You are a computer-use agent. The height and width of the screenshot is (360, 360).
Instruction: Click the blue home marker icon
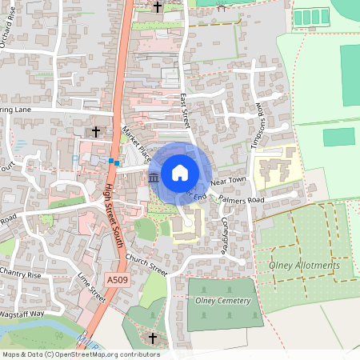coord(180,172)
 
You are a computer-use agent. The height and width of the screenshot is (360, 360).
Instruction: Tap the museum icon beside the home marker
coord(154,177)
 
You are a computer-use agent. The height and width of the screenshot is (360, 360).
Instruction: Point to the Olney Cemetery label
coord(223,301)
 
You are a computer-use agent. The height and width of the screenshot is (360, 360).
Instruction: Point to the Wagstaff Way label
coord(24,314)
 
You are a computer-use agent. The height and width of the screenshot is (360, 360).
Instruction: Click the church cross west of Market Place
coord(96,130)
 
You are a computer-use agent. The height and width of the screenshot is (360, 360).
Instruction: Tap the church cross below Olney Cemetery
coord(153,339)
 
